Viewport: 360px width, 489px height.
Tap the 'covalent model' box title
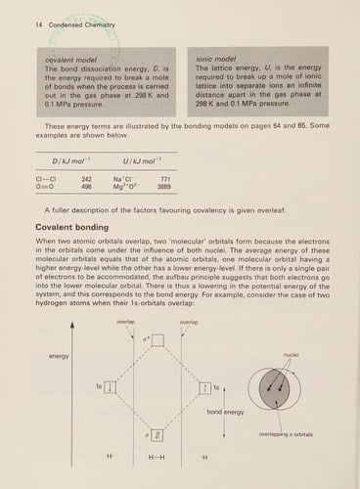tap(56, 60)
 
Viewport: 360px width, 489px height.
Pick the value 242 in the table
tap(86, 179)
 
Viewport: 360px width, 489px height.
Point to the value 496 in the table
tap(86, 188)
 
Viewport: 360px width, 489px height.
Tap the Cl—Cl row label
tap(44, 179)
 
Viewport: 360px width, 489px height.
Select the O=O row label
tap(43, 188)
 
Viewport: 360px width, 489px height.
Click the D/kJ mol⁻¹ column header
tap(69, 158)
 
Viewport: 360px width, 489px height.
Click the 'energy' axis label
tap(59, 356)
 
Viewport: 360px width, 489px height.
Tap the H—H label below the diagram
tap(157, 458)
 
